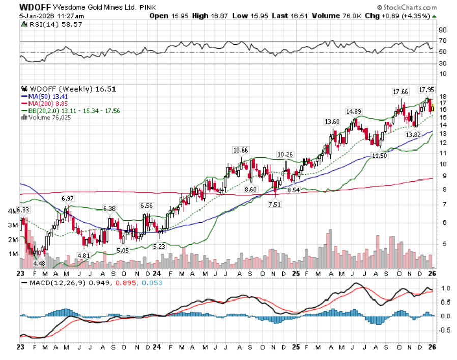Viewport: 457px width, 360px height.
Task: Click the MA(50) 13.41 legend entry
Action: click(44, 96)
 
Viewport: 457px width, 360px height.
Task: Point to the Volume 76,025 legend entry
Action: click(48, 117)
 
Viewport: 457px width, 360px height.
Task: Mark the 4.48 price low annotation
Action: click(39, 263)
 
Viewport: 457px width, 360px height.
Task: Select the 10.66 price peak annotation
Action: click(241, 150)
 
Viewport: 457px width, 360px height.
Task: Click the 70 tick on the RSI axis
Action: click(443, 40)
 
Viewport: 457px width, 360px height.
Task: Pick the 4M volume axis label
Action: click(13, 211)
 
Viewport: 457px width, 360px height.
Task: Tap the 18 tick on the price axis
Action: click(443, 96)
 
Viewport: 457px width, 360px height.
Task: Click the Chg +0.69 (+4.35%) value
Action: click(413, 16)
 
